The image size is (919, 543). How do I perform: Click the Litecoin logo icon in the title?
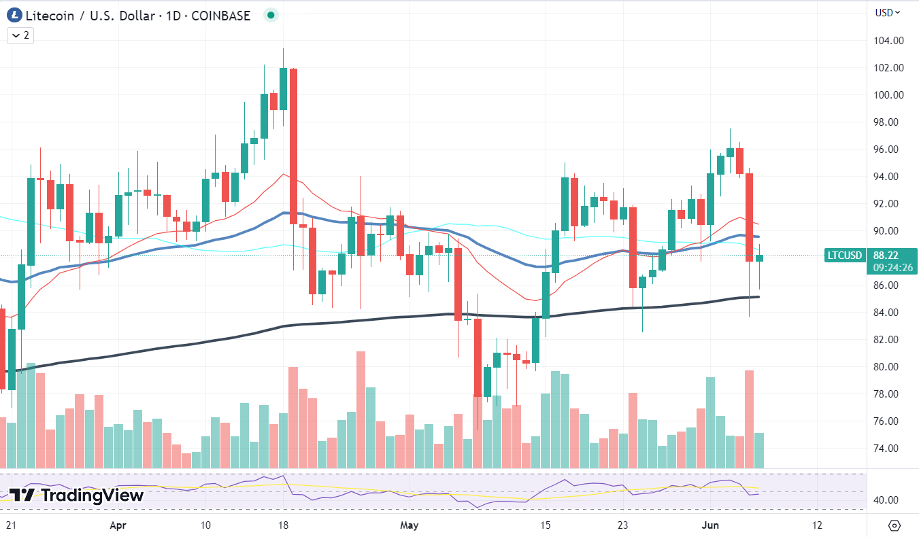(x=14, y=15)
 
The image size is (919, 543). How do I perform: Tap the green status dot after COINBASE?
(x=271, y=15)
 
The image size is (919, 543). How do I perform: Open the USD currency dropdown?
(x=887, y=12)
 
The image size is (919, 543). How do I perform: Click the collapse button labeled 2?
(x=20, y=35)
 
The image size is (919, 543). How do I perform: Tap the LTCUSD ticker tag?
(x=844, y=256)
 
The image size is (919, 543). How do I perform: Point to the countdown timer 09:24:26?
(x=892, y=268)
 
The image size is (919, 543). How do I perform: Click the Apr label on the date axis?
(x=118, y=525)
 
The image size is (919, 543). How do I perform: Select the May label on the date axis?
(x=409, y=525)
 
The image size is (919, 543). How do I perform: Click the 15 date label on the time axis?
(x=545, y=525)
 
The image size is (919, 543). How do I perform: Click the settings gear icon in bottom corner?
(x=894, y=525)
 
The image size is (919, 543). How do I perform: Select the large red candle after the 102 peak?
(x=293, y=146)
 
